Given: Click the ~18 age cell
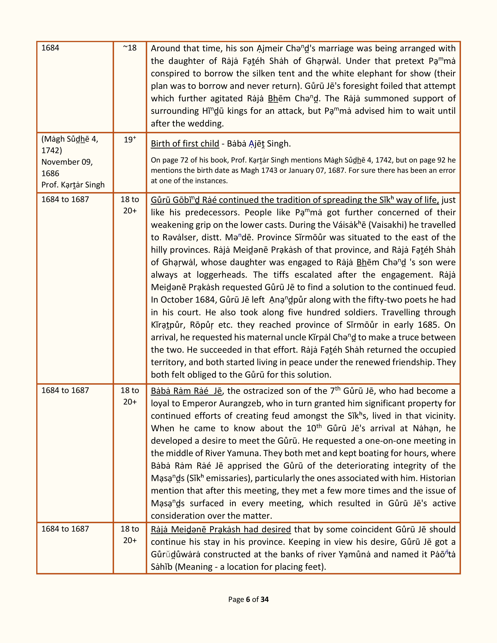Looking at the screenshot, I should coord(130,48).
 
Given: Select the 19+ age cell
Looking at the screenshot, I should coord(130,140).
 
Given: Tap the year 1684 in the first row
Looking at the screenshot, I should coord(50,48).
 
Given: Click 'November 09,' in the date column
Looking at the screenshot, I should coord(67,162).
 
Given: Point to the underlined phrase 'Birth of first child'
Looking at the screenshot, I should coord(185,144).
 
